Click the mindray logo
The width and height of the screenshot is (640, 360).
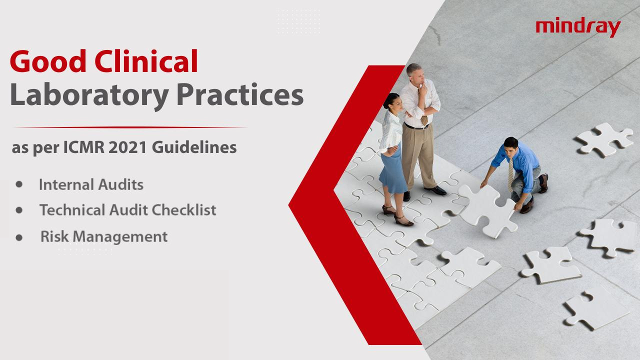[x=578, y=27]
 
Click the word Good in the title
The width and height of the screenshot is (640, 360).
[x=48, y=61]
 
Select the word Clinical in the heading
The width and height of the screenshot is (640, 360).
[x=146, y=60]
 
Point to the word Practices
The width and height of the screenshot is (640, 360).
[x=240, y=94]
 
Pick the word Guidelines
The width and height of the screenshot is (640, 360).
[x=194, y=147]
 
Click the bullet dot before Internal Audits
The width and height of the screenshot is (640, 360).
[x=19, y=184]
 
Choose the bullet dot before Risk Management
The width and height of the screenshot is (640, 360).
[x=19, y=237]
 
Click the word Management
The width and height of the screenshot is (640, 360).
[x=120, y=237]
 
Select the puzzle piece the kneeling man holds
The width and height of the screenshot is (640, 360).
[x=487, y=210]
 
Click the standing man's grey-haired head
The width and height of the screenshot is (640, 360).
[x=414, y=73]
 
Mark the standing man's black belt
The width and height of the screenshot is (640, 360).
[x=417, y=126]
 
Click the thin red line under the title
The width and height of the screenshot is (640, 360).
[x=129, y=127]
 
